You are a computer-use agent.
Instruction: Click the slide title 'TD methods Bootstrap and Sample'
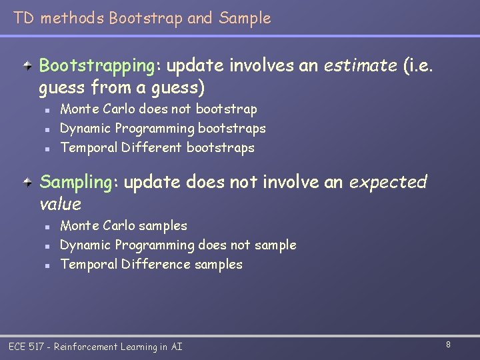[142, 18]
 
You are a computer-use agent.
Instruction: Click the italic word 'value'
[60, 204]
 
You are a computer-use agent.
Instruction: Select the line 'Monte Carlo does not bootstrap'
[158, 109]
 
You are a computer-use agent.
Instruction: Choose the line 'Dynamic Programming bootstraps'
[163, 128]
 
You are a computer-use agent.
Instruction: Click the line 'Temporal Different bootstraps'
[157, 147]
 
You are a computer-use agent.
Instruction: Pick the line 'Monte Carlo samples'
[123, 225]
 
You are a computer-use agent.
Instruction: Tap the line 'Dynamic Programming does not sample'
[178, 245]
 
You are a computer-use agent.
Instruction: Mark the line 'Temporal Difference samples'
[151, 264]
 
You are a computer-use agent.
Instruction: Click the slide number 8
[448, 345]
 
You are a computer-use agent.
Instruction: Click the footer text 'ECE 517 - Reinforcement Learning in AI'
[95, 347]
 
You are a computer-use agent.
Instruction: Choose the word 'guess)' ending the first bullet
[181, 87]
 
